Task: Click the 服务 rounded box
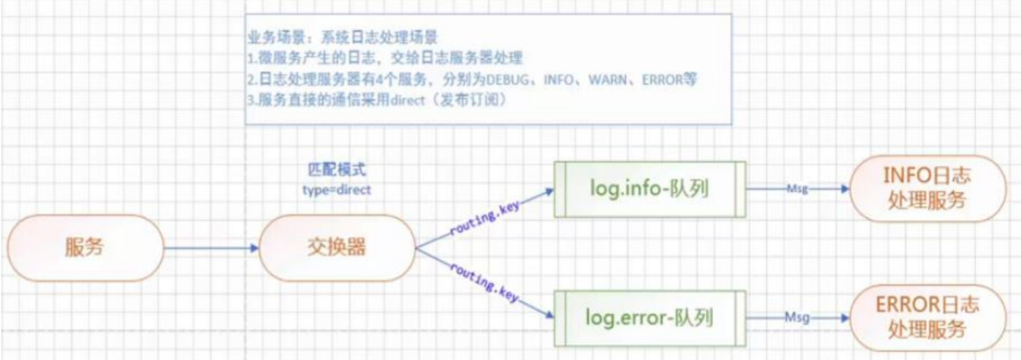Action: (x=85, y=248)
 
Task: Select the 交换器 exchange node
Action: (x=336, y=248)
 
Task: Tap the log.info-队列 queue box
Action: (x=649, y=188)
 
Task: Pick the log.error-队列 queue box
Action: (x=649, y=316)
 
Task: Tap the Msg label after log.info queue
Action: (x=796, y=188)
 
